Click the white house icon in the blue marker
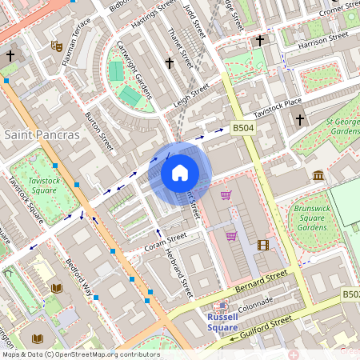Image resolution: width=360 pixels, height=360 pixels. [x=180, y=173]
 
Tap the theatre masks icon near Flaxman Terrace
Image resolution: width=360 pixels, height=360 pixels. [x=56, y=46]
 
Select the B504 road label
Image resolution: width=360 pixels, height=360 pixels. [x=243, y=127]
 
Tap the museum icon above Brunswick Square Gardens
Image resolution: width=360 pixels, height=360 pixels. [x=318, y=175]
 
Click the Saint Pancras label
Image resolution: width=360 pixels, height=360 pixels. [x=42, y=134]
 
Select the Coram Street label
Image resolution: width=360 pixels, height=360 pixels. [x=166, y=241]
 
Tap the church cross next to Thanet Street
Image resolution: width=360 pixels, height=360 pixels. [x=169, y=62]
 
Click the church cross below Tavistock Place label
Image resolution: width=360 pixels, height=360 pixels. [x=300, y=120]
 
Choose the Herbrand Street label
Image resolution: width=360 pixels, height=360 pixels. [x=178, y=272]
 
